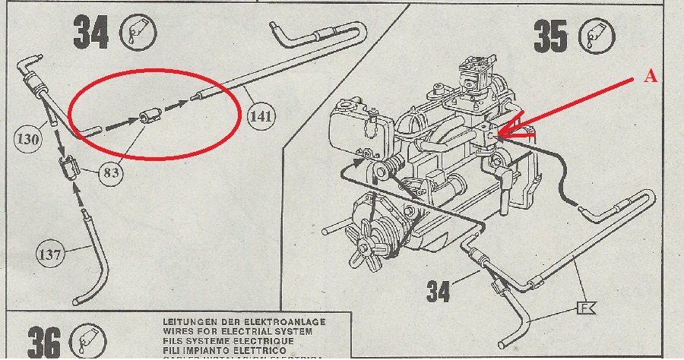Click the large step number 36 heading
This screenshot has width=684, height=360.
[45, 341]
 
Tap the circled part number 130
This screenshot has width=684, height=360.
[27, 139]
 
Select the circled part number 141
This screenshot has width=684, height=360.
[261, 115]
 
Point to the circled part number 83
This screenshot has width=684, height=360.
[111, 172]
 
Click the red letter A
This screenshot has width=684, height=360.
[650, 77]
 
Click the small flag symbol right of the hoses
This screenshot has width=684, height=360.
[586, 308]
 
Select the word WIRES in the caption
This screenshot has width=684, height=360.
[182, 331]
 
